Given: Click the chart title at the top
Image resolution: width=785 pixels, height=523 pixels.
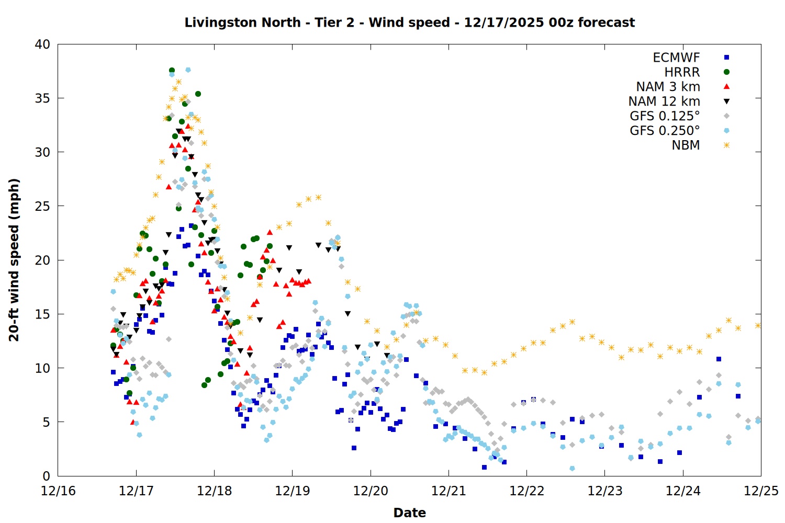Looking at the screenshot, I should coord(409,22).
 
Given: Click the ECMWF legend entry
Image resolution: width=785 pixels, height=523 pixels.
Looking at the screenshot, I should coord(676,58).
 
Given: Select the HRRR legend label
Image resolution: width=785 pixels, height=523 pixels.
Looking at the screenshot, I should coord(682,72).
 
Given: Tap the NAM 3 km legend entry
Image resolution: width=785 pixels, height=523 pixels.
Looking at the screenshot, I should coord(668,87).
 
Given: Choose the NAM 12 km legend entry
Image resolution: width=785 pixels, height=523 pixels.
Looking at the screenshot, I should coord(664,101).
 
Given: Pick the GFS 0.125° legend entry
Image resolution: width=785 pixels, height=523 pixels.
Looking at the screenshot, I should coord(665,116).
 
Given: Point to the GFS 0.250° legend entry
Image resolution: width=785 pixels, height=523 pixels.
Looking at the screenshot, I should coord(665,131).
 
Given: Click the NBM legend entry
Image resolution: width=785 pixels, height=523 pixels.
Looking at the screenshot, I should coord(686,145).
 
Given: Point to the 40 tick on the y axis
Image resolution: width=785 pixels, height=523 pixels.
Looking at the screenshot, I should coord(42,44).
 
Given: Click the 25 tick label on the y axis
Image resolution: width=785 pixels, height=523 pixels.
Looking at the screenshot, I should coord(42,206).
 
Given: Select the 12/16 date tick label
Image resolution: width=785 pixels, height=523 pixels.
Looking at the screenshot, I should coord(58,491).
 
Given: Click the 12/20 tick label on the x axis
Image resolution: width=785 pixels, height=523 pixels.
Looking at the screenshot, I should coord(371,491).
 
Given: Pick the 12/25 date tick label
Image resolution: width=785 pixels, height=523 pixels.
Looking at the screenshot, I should coord(761,491).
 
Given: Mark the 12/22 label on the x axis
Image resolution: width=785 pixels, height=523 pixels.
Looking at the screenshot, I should coord(526,491).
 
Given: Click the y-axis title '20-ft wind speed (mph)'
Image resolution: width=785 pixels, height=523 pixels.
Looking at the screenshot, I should coord(14,260).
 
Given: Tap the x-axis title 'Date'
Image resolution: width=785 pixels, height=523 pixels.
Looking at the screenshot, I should coord(409,513).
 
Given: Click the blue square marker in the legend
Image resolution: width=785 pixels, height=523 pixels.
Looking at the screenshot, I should coord(726,58).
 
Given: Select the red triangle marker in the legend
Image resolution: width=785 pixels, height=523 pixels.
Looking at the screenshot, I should coord(726,87).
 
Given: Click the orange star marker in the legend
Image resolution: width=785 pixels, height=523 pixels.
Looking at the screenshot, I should coord(726,145).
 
